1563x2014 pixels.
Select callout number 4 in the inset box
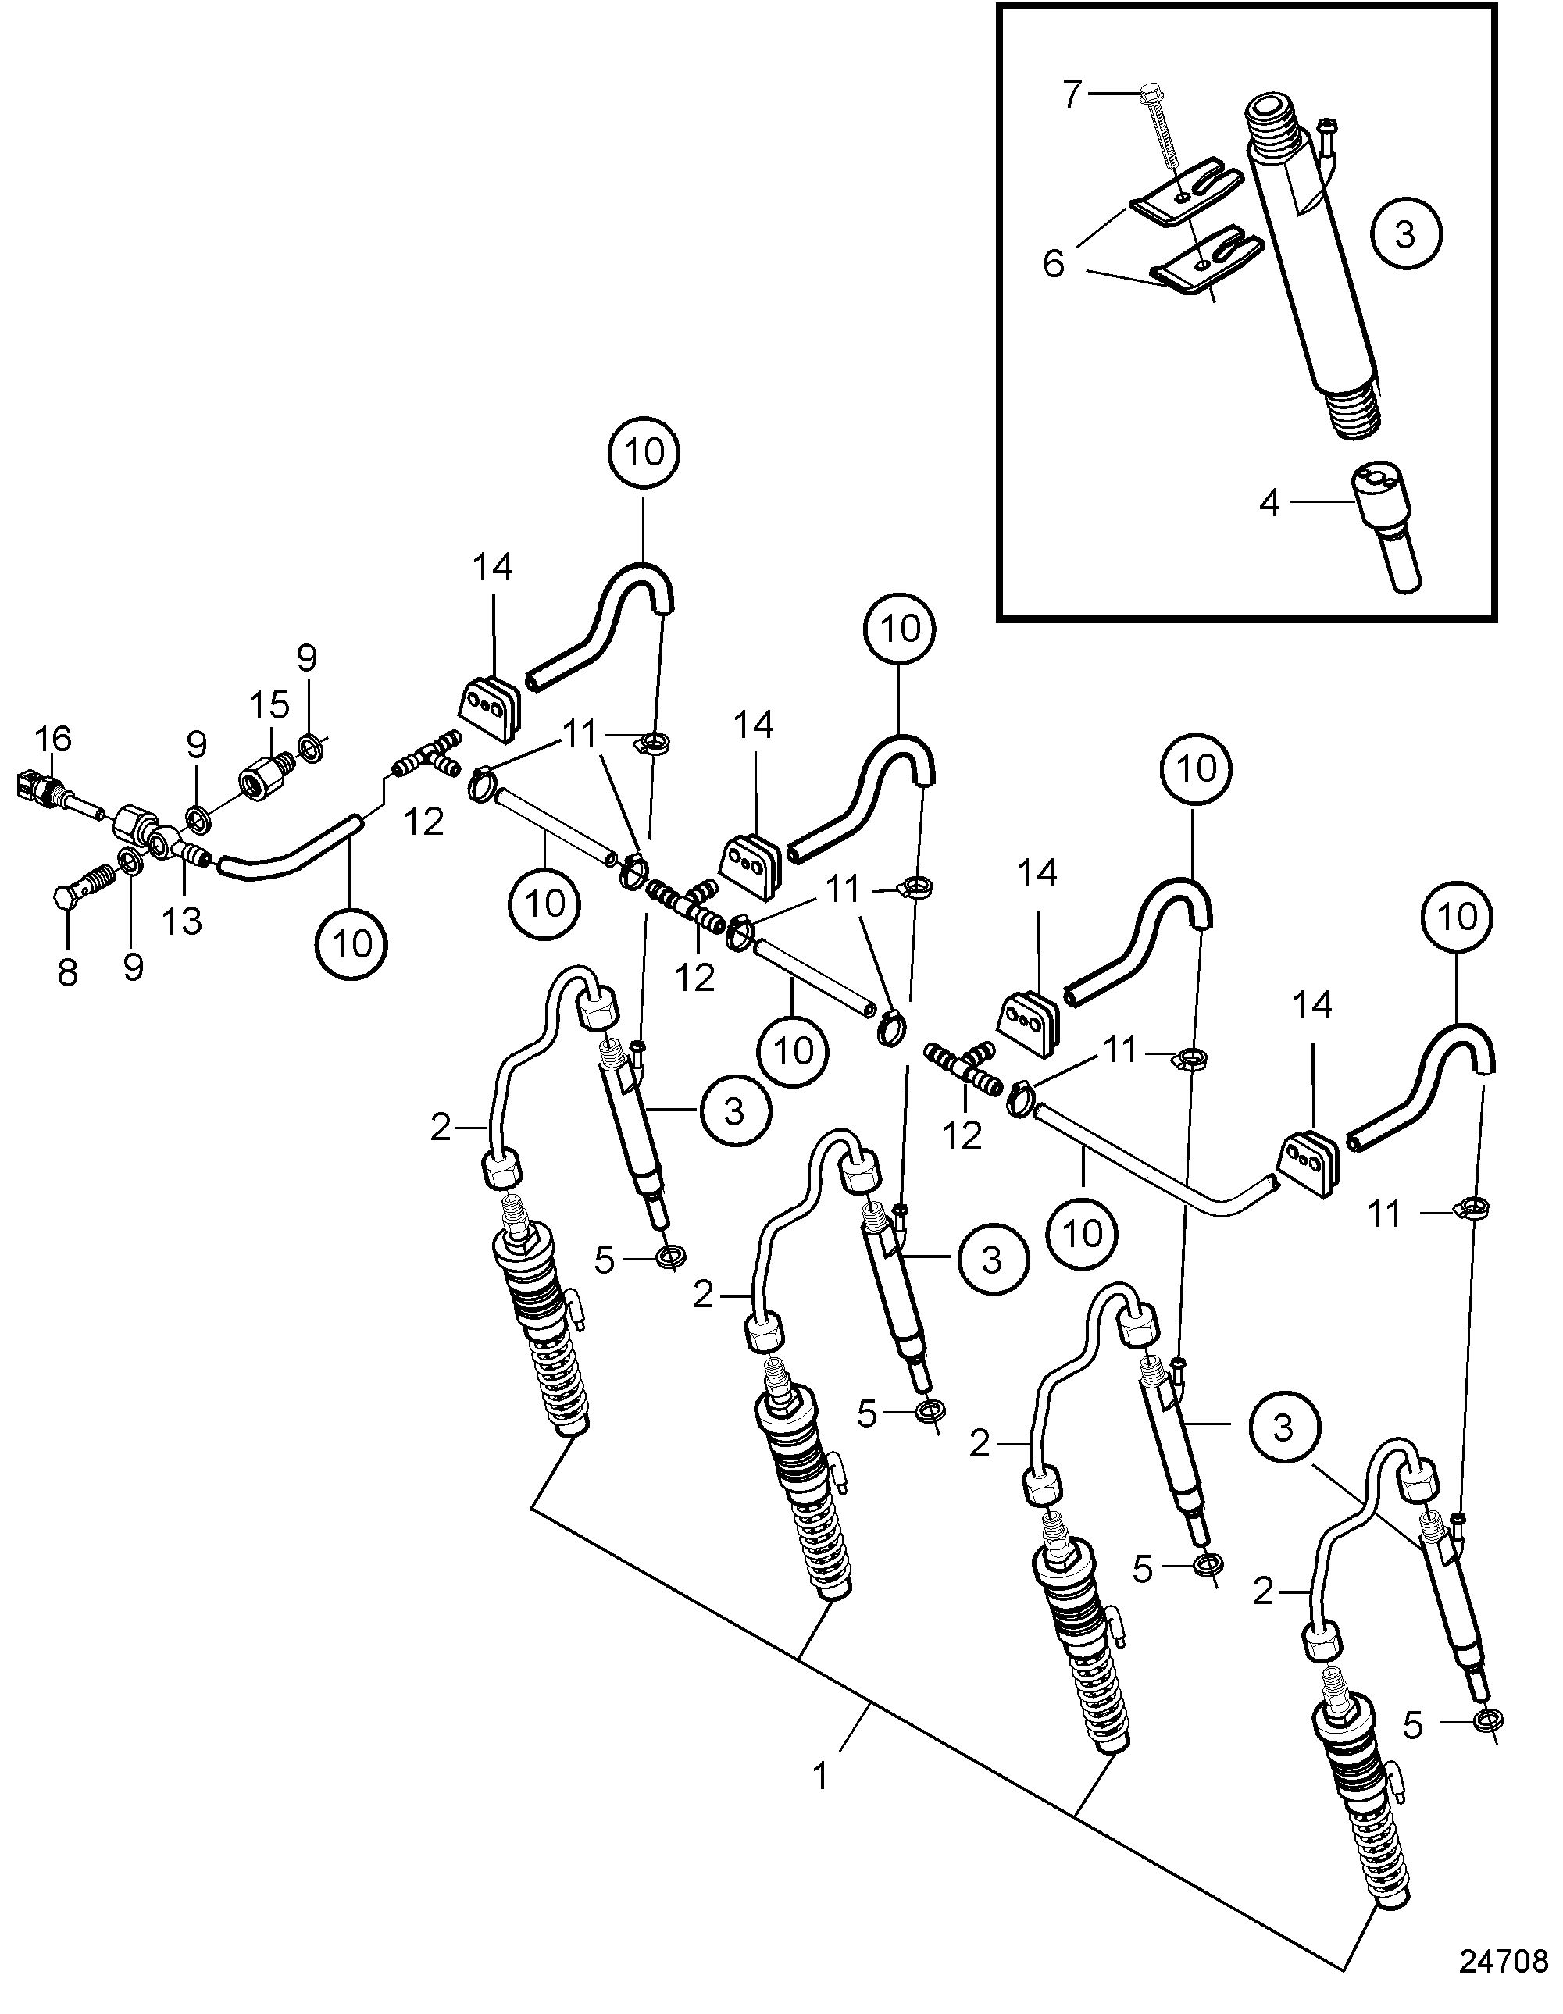tap(1270, 504)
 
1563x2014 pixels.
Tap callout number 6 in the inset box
tap(1054, 265)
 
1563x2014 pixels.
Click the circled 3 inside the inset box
tap(1404, 235)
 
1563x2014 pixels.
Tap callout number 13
tap(183, 919)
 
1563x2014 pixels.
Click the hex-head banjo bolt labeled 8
tap(86, 887)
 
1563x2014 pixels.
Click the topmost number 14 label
tap(494, 568)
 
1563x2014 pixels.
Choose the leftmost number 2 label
tap(441, 1127)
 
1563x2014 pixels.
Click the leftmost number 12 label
tap(424, 822)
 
